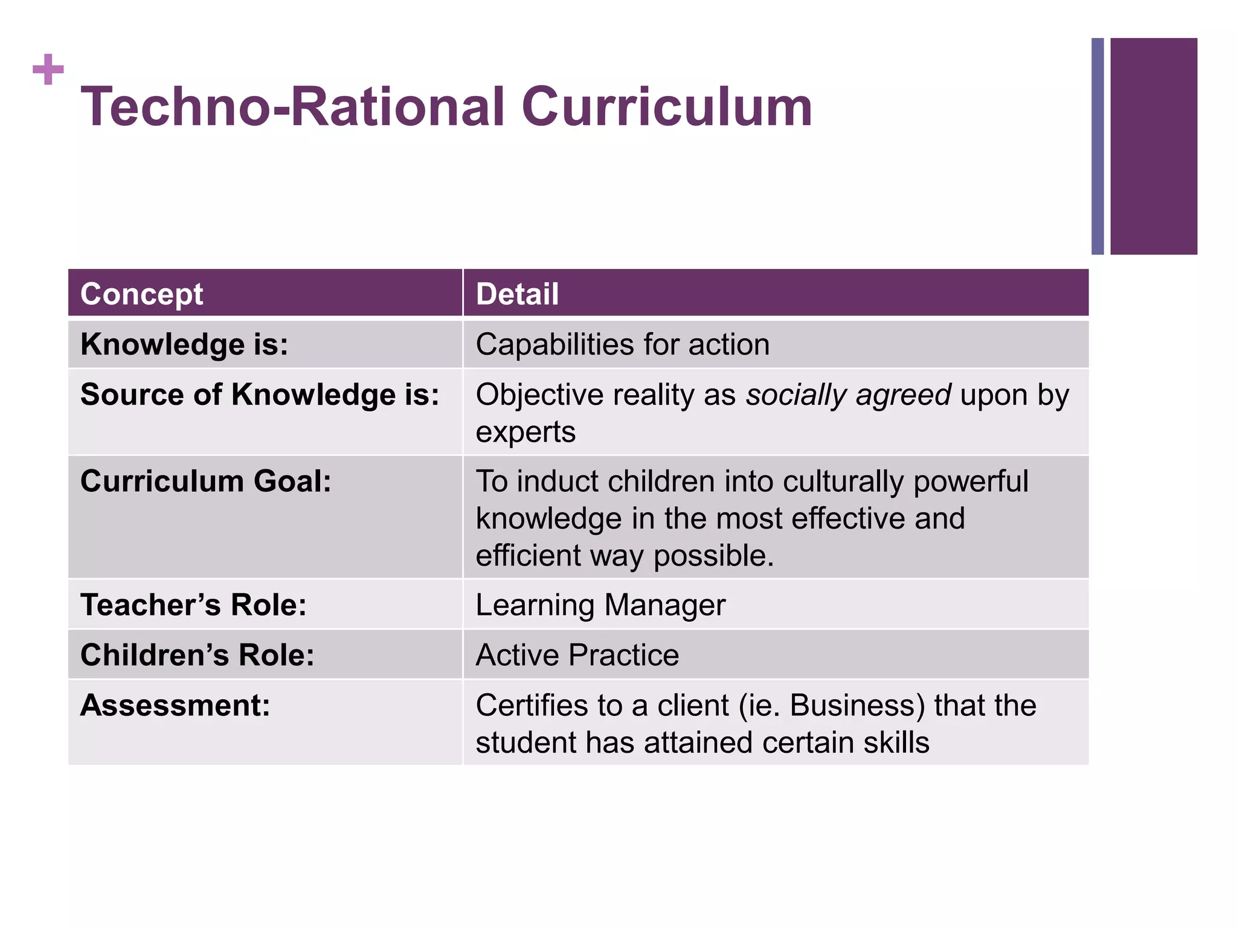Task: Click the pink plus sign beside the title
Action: click(x=48, y=69)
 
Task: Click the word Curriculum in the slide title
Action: click(x=667, y=107)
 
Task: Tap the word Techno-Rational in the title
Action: click(x=293, y=107)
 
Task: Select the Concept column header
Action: click(x=141, y=294)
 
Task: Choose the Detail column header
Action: click(x=517, y=294)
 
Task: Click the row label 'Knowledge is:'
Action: click(x=184, y=344)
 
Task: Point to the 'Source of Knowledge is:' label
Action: click(x=260, y=395)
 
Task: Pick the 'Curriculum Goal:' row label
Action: click(x=206, y=482)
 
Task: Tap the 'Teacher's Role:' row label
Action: click(x=193, y=605)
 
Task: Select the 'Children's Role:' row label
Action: click(x=198, y=655)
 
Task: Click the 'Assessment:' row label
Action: click(x=175, y=705)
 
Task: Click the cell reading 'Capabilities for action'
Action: click(x=623, y=344)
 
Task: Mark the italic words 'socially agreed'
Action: click(x=849, y=395)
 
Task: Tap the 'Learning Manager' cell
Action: click(x=600, y=605)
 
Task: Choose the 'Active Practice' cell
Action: click(x=577, y=655)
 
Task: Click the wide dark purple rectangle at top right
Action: click(x=1153, y=146)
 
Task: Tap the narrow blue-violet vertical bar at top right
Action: click(x=1097, y=146)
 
